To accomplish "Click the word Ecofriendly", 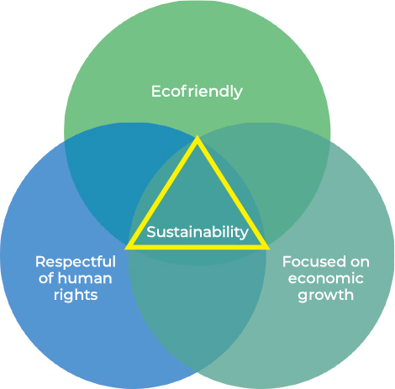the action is tap(197, 92).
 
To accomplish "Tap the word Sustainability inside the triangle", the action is tap(197, 232).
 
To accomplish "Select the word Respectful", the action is tap(76, 263).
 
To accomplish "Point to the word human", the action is tap(85, 278).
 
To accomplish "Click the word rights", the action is tap(76, 296).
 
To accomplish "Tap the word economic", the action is tap(326, 279).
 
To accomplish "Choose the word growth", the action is tap(326, 296).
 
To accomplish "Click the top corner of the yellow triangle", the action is tap(197, 136).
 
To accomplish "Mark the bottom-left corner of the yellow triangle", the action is tap(125, 249).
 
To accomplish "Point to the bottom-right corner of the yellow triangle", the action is tap(269, 249).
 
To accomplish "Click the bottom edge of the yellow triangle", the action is tap(197, 247).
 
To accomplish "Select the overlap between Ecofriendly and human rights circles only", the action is tap(112, 174).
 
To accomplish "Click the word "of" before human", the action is tap(46, 278).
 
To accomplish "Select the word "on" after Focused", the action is tap(360, 262).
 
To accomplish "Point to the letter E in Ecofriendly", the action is tap(156, 92).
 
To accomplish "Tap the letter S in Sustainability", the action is tap(151, 232).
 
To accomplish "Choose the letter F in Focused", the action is tap(287, 262).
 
